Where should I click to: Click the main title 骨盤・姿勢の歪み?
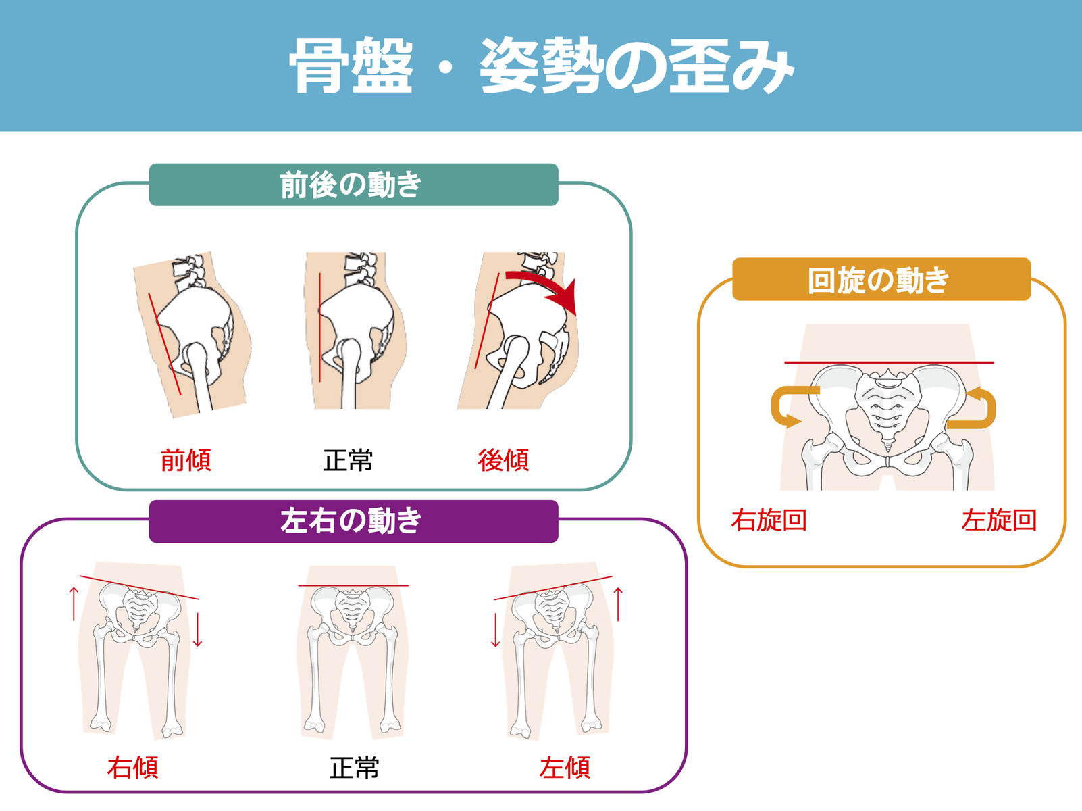(541, 66)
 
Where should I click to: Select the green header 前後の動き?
(353, 185)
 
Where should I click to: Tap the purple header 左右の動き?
(353, 521)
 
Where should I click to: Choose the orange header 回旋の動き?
(881, 279)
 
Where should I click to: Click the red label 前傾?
(186, 460)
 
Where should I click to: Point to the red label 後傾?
(503, 460)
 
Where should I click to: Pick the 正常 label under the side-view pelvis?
(348, 460)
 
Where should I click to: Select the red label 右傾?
(132, 768)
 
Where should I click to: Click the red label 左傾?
(565, 768)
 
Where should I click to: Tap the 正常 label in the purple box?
(354, 768)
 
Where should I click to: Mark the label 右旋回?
(769, 520)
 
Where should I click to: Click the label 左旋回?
(999, 520)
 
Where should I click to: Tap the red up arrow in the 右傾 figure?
(74, 604)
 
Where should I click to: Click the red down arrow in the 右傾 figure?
(197, 630)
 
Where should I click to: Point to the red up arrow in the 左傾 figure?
(617, 604)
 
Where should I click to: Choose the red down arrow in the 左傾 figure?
(495, 630)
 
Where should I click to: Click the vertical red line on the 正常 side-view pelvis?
(319, 328)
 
